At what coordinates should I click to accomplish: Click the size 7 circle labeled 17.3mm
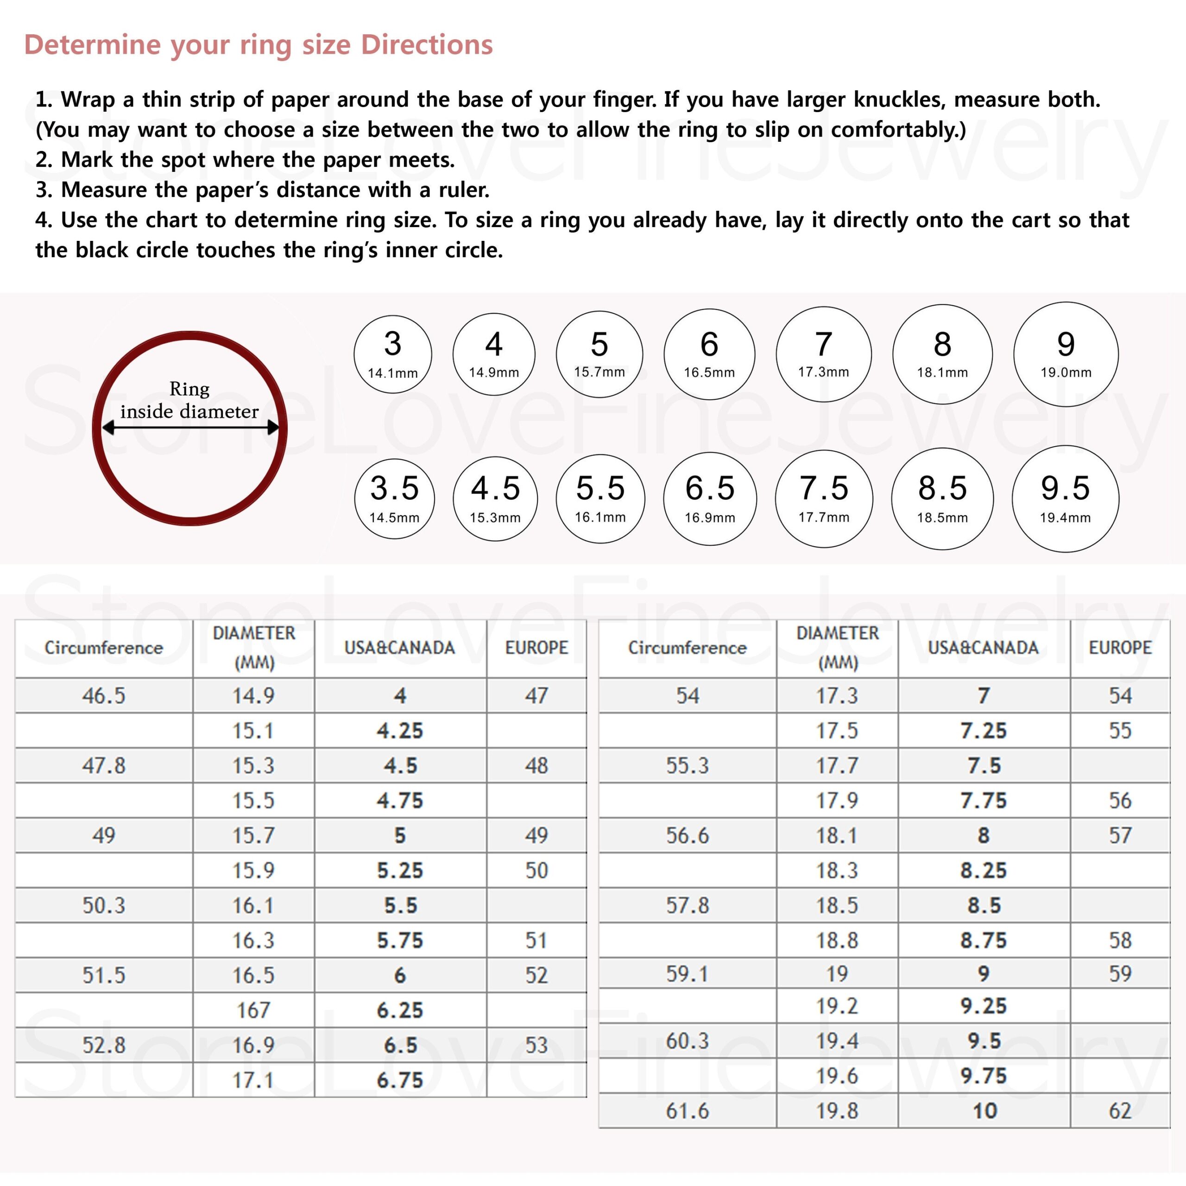tap(823, 354)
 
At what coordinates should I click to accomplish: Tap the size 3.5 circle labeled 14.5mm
tap(394, 498)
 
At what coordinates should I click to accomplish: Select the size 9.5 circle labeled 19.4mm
tap(1065, 498)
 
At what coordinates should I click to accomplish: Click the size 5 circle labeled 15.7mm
tap(599, 354)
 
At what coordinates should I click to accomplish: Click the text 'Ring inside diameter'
tap(189, 400)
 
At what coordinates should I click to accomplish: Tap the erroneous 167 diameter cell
tap(253, 1010)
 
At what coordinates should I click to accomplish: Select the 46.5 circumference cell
tap(104, 695)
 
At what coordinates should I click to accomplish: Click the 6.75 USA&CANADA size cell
tap(400, 1080)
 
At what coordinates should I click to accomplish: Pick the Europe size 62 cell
tap(1120, 1110)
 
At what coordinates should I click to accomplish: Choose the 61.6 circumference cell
tap(687, 1110)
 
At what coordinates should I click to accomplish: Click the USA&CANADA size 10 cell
tap(984, 1110)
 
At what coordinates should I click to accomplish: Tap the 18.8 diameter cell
tap(837, 940)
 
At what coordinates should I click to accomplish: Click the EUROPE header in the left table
tap(536, 648)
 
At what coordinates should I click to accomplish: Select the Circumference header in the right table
tap(687, 648)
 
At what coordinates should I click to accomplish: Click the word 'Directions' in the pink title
tap(427, 45)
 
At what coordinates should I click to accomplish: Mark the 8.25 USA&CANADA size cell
tap(984, 870)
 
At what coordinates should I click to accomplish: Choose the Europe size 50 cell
tap(536, 870)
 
